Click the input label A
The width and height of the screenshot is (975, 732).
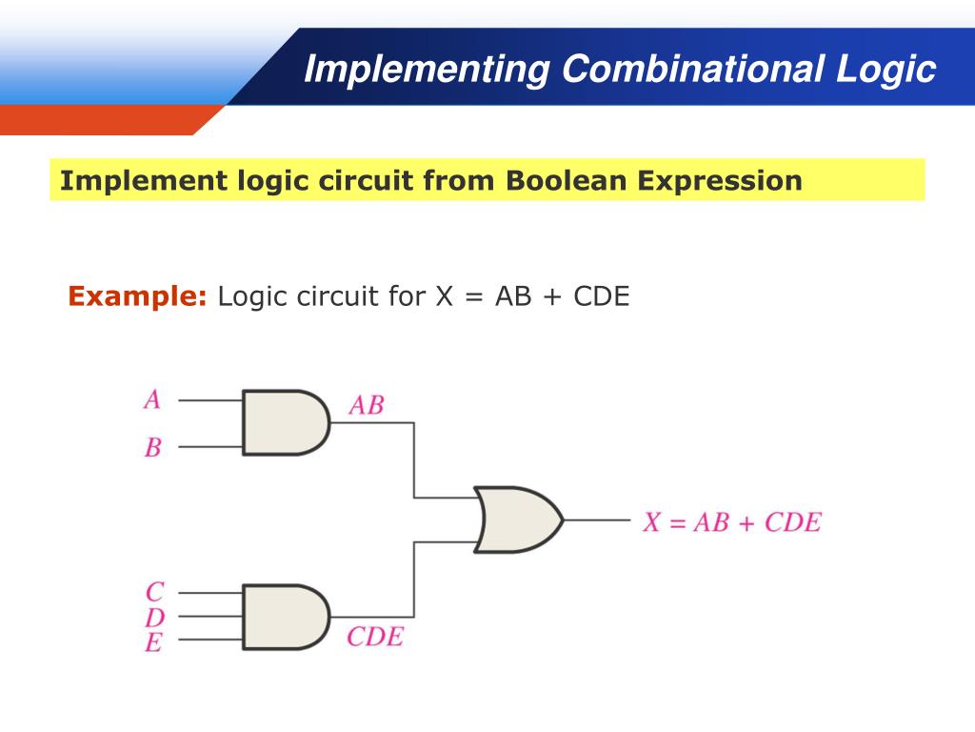152,399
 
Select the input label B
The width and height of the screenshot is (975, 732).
152,446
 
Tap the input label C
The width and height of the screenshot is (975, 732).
154,593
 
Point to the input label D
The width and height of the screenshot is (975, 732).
154,618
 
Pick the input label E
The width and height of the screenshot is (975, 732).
153,642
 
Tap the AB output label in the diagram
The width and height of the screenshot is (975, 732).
366,405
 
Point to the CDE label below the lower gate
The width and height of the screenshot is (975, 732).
374,636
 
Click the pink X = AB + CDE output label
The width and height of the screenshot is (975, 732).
731,521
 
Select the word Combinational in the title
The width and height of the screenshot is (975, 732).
693,69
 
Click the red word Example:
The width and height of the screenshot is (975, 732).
137,296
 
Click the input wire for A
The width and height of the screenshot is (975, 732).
210,399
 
